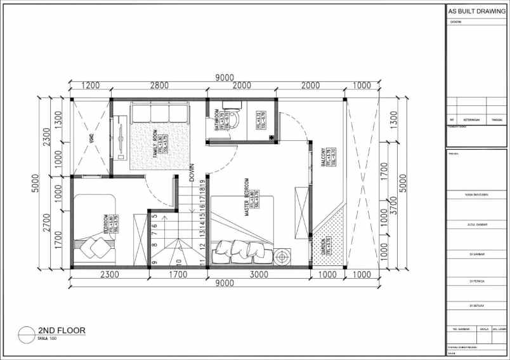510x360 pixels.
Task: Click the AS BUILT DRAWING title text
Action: pos(476,11)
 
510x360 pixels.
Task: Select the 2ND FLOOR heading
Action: pos(62,330)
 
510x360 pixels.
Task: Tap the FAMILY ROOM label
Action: pos(154,143)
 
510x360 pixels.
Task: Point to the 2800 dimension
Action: pos(159,86)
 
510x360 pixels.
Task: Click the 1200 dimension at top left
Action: pos(91,86)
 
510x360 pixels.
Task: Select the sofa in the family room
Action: pos(160,113)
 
